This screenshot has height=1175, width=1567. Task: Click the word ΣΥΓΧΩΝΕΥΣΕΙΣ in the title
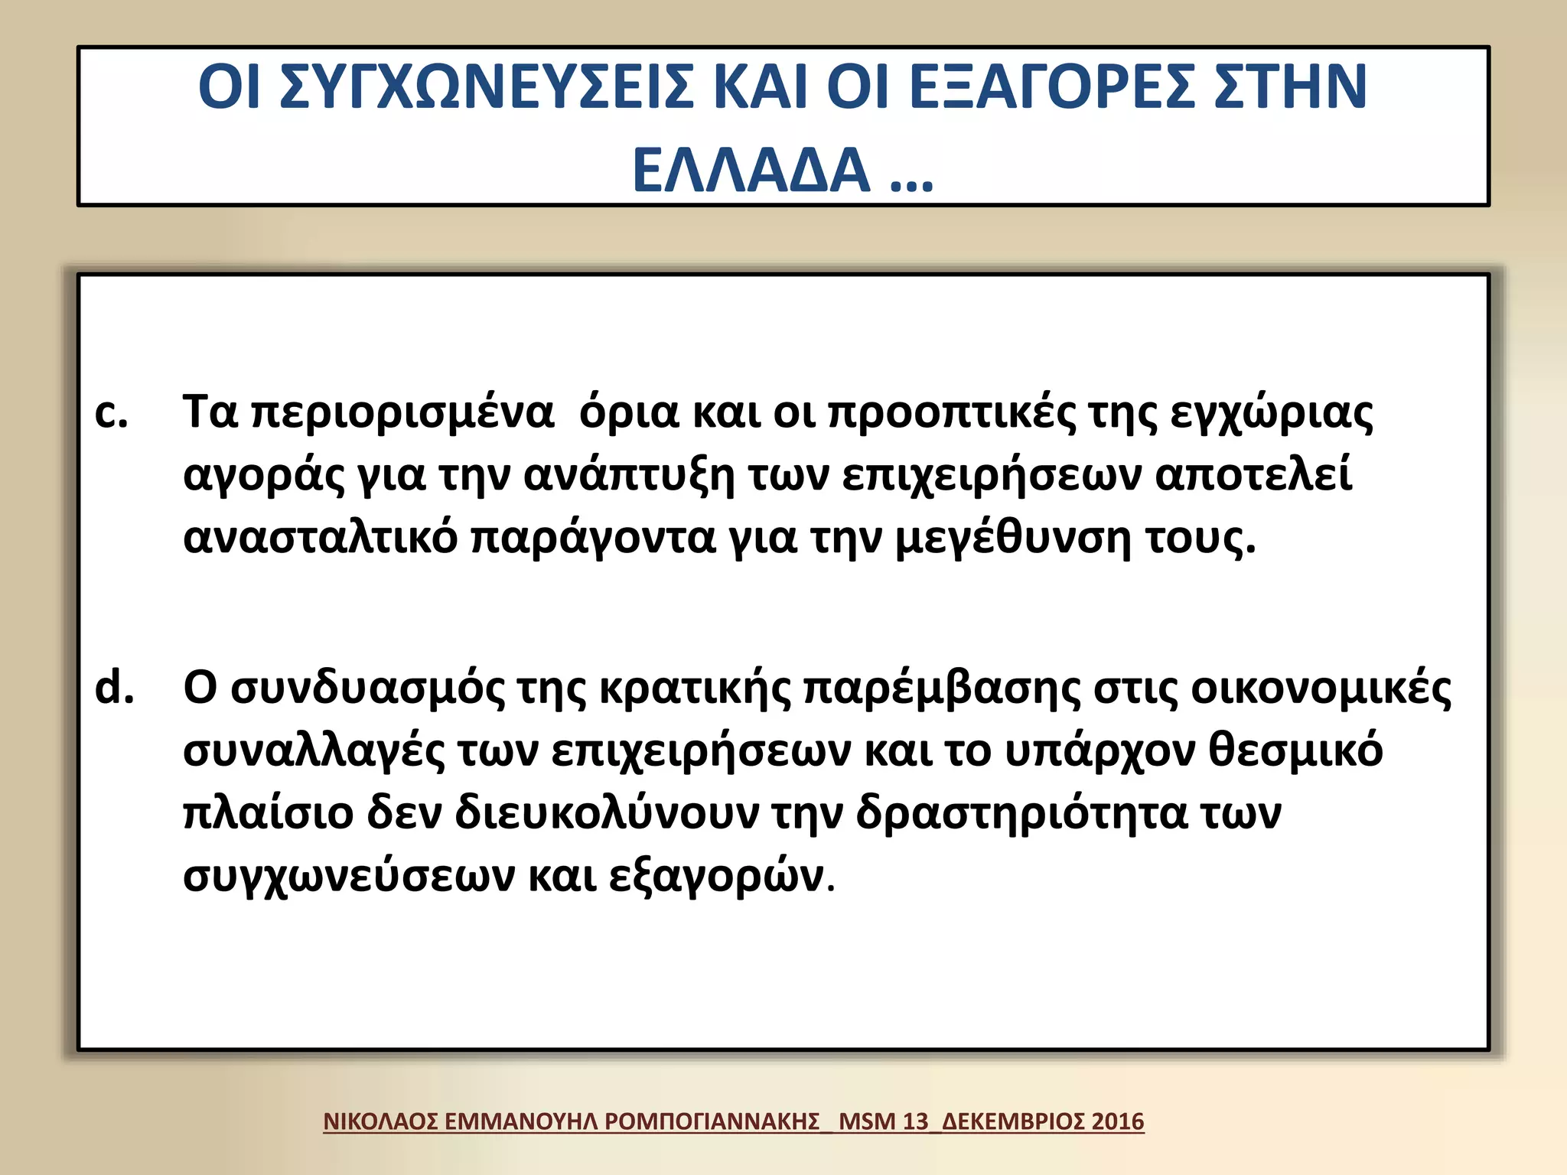pyautogui.click(x=487, y=86)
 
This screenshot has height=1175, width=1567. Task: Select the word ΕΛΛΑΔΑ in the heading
pyautogui.click(x=751, y=170)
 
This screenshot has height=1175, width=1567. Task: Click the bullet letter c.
pyautogui.click(x=111, y=413)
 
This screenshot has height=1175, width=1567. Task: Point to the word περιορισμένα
pyautogui.click(x=402, y=413)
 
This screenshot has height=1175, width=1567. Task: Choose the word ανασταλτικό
pyautogui.click(x=320, y=537)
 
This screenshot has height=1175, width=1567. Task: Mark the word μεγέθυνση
pyautogui.click(x=1012, y=539)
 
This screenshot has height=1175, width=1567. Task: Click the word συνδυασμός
pyautogui.click(x=367, y=688)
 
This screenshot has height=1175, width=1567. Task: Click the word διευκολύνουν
pyautogui.click(x=607, y=812)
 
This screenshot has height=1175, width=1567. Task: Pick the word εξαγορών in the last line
pyautogui.click(x=717, y=877)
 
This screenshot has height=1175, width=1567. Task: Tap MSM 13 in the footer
pyautogui.click(x=883, y=1121)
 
